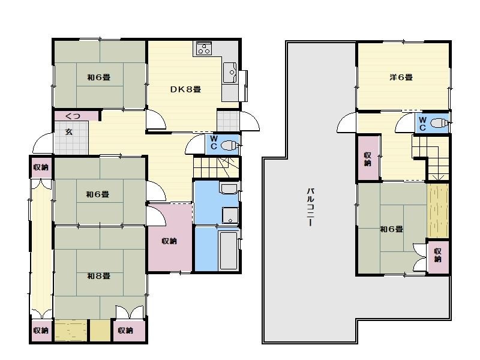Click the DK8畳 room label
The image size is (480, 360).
coord(185,89)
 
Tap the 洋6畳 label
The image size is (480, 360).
coord(401,77)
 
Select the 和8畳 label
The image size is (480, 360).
coord(98,276)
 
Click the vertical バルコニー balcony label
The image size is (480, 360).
coord(310,207)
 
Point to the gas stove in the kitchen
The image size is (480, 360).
coord(203,48)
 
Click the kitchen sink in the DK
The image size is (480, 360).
coord(229,73)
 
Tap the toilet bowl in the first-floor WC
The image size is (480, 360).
coord(229,145)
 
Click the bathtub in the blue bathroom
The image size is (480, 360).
coord(228,250)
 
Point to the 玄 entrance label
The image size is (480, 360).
coord(69,132)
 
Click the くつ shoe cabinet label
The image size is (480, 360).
coord(73,116)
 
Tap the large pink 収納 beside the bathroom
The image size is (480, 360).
coord(169,241)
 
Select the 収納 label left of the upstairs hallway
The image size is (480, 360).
coord(368,159)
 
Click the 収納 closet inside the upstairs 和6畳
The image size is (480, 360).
coord(438,256)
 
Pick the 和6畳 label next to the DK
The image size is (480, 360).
coord(98,77)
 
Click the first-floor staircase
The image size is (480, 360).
coord(217,167)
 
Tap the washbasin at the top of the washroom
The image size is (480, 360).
coord(229,188)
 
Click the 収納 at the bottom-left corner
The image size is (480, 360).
coord(41,331)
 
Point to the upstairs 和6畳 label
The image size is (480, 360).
coord(392,229)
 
